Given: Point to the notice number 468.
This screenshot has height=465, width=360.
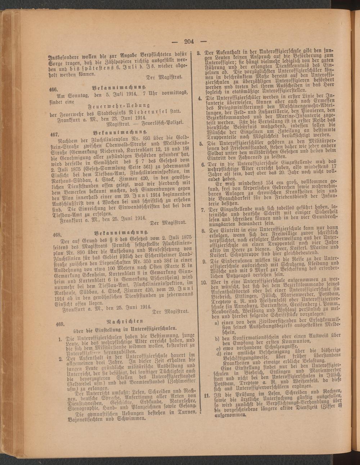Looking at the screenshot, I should (x=56, y=234).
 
